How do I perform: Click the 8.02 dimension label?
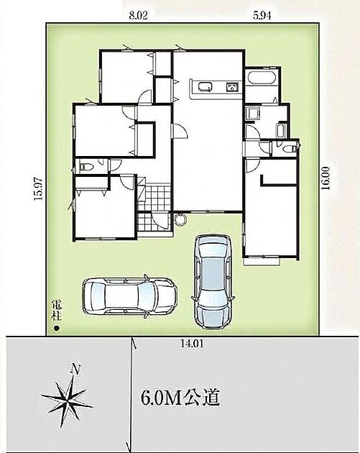tap(138, 15)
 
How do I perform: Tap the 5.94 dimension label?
tap(262, 15)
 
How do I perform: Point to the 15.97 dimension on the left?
tap(38, 188)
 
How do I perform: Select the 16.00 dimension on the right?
tap(326, 178)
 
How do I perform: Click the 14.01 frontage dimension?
tap(193, 344)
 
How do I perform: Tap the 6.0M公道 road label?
tap(180, 398)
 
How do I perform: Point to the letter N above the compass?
tap(75, 370)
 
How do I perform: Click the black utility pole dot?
tap(57, 328)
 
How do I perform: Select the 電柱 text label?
tap(57, 311)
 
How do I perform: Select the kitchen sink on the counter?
tap(206, 86)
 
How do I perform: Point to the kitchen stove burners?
tap(232, 87)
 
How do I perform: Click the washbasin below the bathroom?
tap(253, 113)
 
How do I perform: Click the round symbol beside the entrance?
tap(181, 219)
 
